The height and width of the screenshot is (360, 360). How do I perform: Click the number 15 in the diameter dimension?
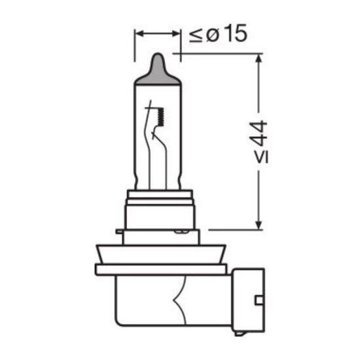tap(236, 33)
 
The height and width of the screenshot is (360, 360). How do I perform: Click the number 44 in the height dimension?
tap(261, 134)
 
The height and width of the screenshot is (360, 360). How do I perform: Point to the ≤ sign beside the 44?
tap(262, 157)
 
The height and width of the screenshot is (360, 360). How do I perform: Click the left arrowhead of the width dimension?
tap(140, 33)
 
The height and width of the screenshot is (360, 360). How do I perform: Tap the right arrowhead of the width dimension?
tap(175, 33)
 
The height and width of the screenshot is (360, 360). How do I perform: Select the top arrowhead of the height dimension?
tap(259, 58)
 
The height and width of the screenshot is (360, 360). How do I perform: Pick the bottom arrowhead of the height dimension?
tap(259, 225)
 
